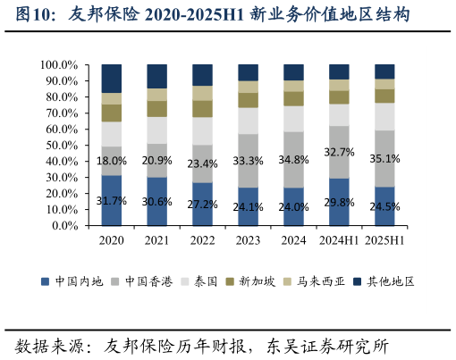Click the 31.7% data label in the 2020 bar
(x=112, y=200)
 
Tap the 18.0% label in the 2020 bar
(x=112, y=161)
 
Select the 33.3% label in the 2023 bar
(x=249, y=161)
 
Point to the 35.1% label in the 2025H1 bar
(x=385, y=158)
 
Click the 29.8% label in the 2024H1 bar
(x=340, y=203)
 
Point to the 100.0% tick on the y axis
(x=59, y=65)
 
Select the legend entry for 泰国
(x=205, y=280)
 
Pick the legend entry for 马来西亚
(x=325, y=280)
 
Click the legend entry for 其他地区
(x=393, y=280)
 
